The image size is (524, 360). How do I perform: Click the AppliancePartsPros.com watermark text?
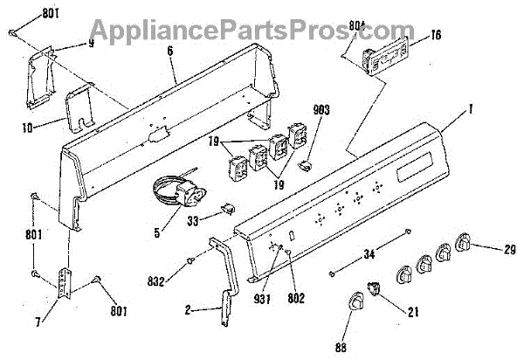[262, 32]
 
